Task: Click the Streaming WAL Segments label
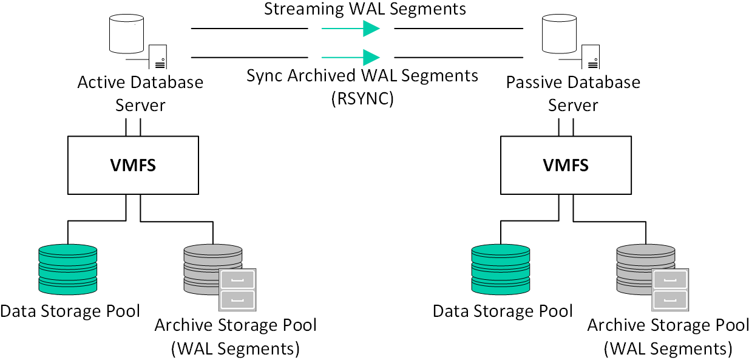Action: pos(365,9)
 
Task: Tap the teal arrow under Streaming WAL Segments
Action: pos(351,29)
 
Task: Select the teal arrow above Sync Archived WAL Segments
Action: pos(351,58)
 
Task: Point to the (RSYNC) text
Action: pos(362,99)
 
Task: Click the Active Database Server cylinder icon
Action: pos(127,34)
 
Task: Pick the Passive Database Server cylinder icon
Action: pos(560,34)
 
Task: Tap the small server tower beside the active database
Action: pos(158,57)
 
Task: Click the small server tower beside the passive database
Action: pos(591,57)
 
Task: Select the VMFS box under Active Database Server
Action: pos(133,165)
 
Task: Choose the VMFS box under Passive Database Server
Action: pos(566,165)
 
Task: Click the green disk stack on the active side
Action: pos(68,270)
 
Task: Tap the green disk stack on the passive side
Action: pos(501,270)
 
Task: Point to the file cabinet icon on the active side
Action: pos(237,290)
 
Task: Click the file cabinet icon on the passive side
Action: pos(670,290)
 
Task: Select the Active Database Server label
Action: pos(140,93)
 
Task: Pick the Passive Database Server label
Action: pos(573,93)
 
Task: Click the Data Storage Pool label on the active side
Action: pos(70,311)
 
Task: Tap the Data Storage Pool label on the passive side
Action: pos(503,311)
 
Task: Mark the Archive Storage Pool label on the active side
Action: pos(236,325)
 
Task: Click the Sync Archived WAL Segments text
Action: pos(362,76)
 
